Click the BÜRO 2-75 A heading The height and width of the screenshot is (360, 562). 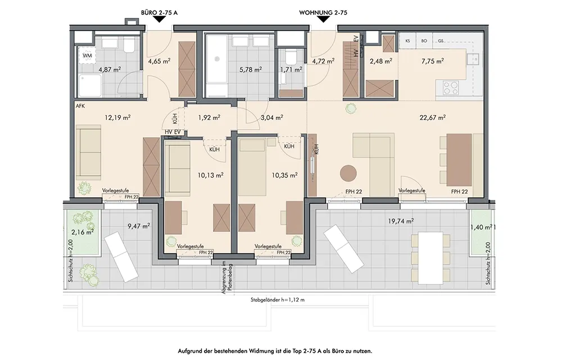tap(159, 12)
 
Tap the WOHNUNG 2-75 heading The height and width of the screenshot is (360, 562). tap(323, 12)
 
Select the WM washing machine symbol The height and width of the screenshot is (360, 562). tap(87, 56)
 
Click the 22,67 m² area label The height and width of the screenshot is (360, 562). tap(433, 117)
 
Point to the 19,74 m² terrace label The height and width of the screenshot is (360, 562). tap(401, 221)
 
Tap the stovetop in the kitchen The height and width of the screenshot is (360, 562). tap(451, 88)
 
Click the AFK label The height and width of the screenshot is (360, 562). tap(80, 106)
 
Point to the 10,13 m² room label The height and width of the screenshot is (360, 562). tap(210, 175)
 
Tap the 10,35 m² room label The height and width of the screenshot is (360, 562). tap(284, 175)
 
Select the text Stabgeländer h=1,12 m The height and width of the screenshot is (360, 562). tap(278, 300)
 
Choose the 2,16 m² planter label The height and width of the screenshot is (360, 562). tap(83, 232)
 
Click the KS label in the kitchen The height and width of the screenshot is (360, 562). tap(407, 41)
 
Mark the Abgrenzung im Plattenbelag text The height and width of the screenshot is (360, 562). tap(226, 278)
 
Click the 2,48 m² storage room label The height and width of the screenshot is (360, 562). tap(380, 61)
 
